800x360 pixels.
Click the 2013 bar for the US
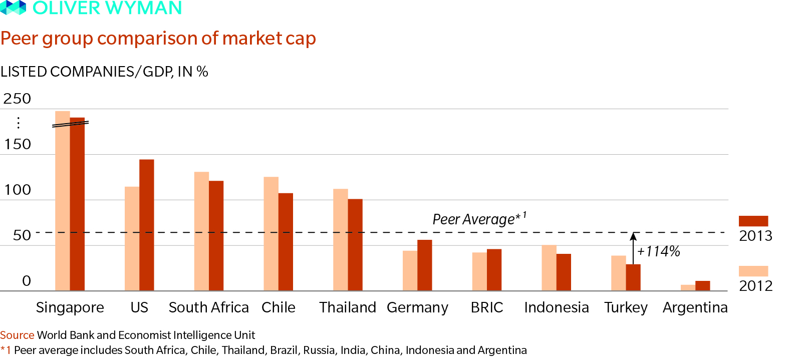click(146, 225)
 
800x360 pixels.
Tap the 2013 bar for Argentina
click(702, 285)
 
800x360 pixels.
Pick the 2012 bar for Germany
click(410, 270)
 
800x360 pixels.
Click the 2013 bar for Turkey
click(633, 277)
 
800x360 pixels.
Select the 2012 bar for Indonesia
click(549, 267)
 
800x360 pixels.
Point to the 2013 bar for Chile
click(286, 241)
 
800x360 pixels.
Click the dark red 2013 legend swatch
click(753, 221)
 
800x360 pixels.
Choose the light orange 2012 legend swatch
click(753, 271)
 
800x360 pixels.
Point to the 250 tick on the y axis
click(17, 99)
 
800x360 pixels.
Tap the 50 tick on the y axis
click(22, 235)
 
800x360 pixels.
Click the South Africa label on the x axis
click(208, 307)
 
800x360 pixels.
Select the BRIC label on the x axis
click(486, 307)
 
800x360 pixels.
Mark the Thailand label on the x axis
click(347, 307)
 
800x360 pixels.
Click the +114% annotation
click(658, 251)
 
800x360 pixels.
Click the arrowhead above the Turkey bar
click(633, 236)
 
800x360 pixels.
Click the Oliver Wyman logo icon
click(13, 7)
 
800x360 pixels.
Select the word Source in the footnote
click(17, 335)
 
